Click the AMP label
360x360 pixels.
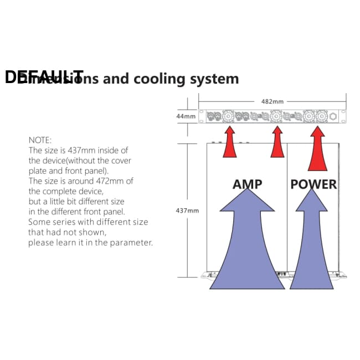point(247,184)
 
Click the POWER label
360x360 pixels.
point(313,184)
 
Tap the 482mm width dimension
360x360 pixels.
point(272,101)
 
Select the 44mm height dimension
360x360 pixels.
point(186,117)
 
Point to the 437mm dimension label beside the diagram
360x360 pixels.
point(187,211)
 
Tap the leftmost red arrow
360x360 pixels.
point(229,142)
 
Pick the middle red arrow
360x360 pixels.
point(277,142)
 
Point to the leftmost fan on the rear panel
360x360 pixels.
point(227,116)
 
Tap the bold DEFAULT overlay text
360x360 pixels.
point(44,77)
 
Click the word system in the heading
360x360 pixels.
point(214,79)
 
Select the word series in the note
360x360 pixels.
point(66,222)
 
